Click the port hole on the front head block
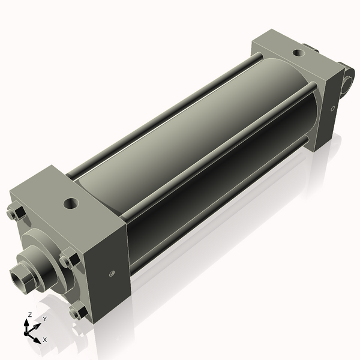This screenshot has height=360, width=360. (71, 203)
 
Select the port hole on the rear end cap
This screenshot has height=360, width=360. (298, 53)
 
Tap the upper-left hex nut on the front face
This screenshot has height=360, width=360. (16, 212)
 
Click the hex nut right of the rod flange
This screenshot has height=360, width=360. (69, 261)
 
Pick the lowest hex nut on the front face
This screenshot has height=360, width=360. (77, 311)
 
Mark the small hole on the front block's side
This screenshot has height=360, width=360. (112, 274)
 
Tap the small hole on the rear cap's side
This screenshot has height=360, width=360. (332, 109)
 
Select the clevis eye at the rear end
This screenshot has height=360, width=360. (347, 80)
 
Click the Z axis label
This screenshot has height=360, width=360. (29, 314)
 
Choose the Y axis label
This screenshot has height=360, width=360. (44, 319)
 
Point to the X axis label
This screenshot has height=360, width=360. (44, 340)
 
